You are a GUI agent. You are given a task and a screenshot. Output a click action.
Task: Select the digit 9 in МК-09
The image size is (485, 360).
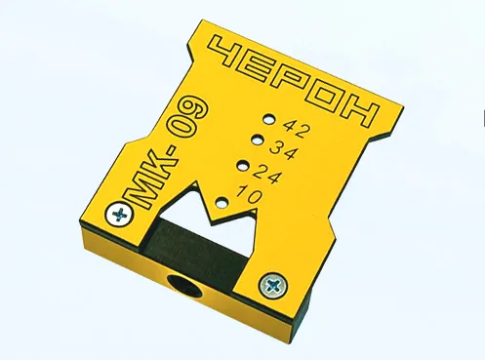point(196,109)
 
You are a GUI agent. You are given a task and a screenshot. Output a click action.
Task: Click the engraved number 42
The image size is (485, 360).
point(295,128)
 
